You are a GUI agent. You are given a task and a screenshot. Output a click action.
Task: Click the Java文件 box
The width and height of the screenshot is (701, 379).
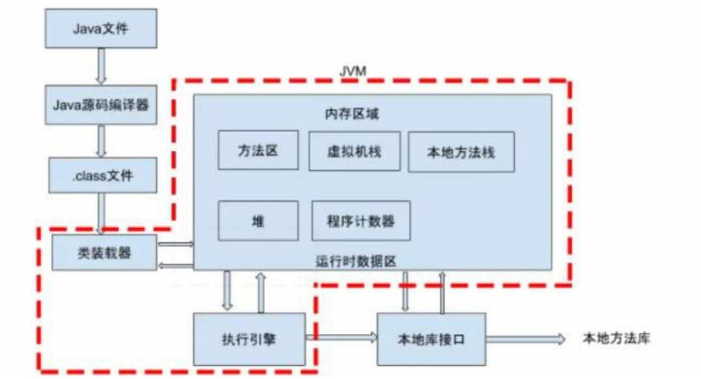[x=101, y=30]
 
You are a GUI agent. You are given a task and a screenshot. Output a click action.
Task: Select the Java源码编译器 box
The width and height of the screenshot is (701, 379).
[x=101, y=103]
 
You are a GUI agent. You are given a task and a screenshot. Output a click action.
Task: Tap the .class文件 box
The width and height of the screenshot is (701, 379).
[x=101, y=174]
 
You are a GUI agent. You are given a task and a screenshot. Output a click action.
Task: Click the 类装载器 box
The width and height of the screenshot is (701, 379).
[x=103, y=252]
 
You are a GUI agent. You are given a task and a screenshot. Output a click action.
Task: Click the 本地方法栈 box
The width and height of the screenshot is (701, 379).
[x=460, y=152]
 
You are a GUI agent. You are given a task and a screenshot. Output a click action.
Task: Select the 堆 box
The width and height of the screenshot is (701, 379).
[x=258, y=220]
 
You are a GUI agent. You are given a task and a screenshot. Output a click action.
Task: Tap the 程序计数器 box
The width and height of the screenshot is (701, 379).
[x=360, y=220]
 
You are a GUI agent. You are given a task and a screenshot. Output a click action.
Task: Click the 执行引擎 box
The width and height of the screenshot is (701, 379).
[x=249, y=337]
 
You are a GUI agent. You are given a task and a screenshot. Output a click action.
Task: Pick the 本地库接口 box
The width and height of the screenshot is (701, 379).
[x=430, y=337]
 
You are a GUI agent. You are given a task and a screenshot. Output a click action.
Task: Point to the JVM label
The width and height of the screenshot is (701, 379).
[x=351, y=73]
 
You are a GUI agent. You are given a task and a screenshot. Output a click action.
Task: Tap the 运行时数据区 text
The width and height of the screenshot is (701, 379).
[x=355, y=259]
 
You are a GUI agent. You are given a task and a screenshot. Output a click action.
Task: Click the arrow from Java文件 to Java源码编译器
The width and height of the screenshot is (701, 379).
[x=101, y=66]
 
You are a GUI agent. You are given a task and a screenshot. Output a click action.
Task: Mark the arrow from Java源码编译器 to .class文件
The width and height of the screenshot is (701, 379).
[x=101, y=139]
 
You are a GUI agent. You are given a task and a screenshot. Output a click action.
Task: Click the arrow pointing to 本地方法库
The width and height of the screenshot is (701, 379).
[x=525, y=337]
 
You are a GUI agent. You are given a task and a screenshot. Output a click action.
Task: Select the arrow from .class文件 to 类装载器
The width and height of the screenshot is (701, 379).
[x=101, y=212]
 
